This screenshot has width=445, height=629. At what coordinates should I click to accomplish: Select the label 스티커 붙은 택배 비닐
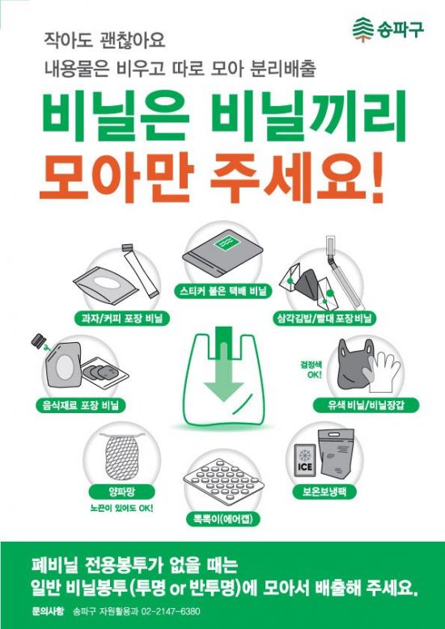click(222, 289)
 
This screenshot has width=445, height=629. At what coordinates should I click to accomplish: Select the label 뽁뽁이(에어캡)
click(222, 517)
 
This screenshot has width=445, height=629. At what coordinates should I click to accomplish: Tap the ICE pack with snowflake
click(309, 457)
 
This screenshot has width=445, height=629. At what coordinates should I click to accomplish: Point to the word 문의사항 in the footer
click(48, 610)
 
